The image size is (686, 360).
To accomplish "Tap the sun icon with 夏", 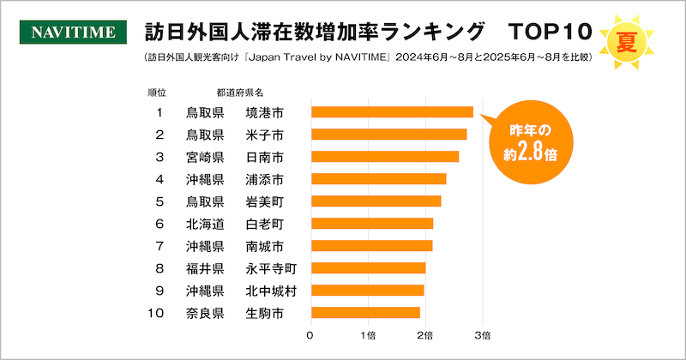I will point(627,39).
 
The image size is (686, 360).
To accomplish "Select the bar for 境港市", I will point(392,111).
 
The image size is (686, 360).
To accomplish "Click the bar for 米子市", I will point(388,135).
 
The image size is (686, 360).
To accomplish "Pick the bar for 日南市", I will point(384,157).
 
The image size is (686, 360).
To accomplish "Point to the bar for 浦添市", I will point(378,179).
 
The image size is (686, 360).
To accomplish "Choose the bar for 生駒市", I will point(365,312).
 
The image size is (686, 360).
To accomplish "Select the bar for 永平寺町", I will point(368,268).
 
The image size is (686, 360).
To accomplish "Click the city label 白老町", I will point(264,224).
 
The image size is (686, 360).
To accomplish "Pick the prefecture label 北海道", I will point(205,224).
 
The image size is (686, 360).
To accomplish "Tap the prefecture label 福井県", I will point(205,268).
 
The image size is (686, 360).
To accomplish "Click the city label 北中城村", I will point(271,290).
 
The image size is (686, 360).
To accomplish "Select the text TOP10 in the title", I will point(550,33).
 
